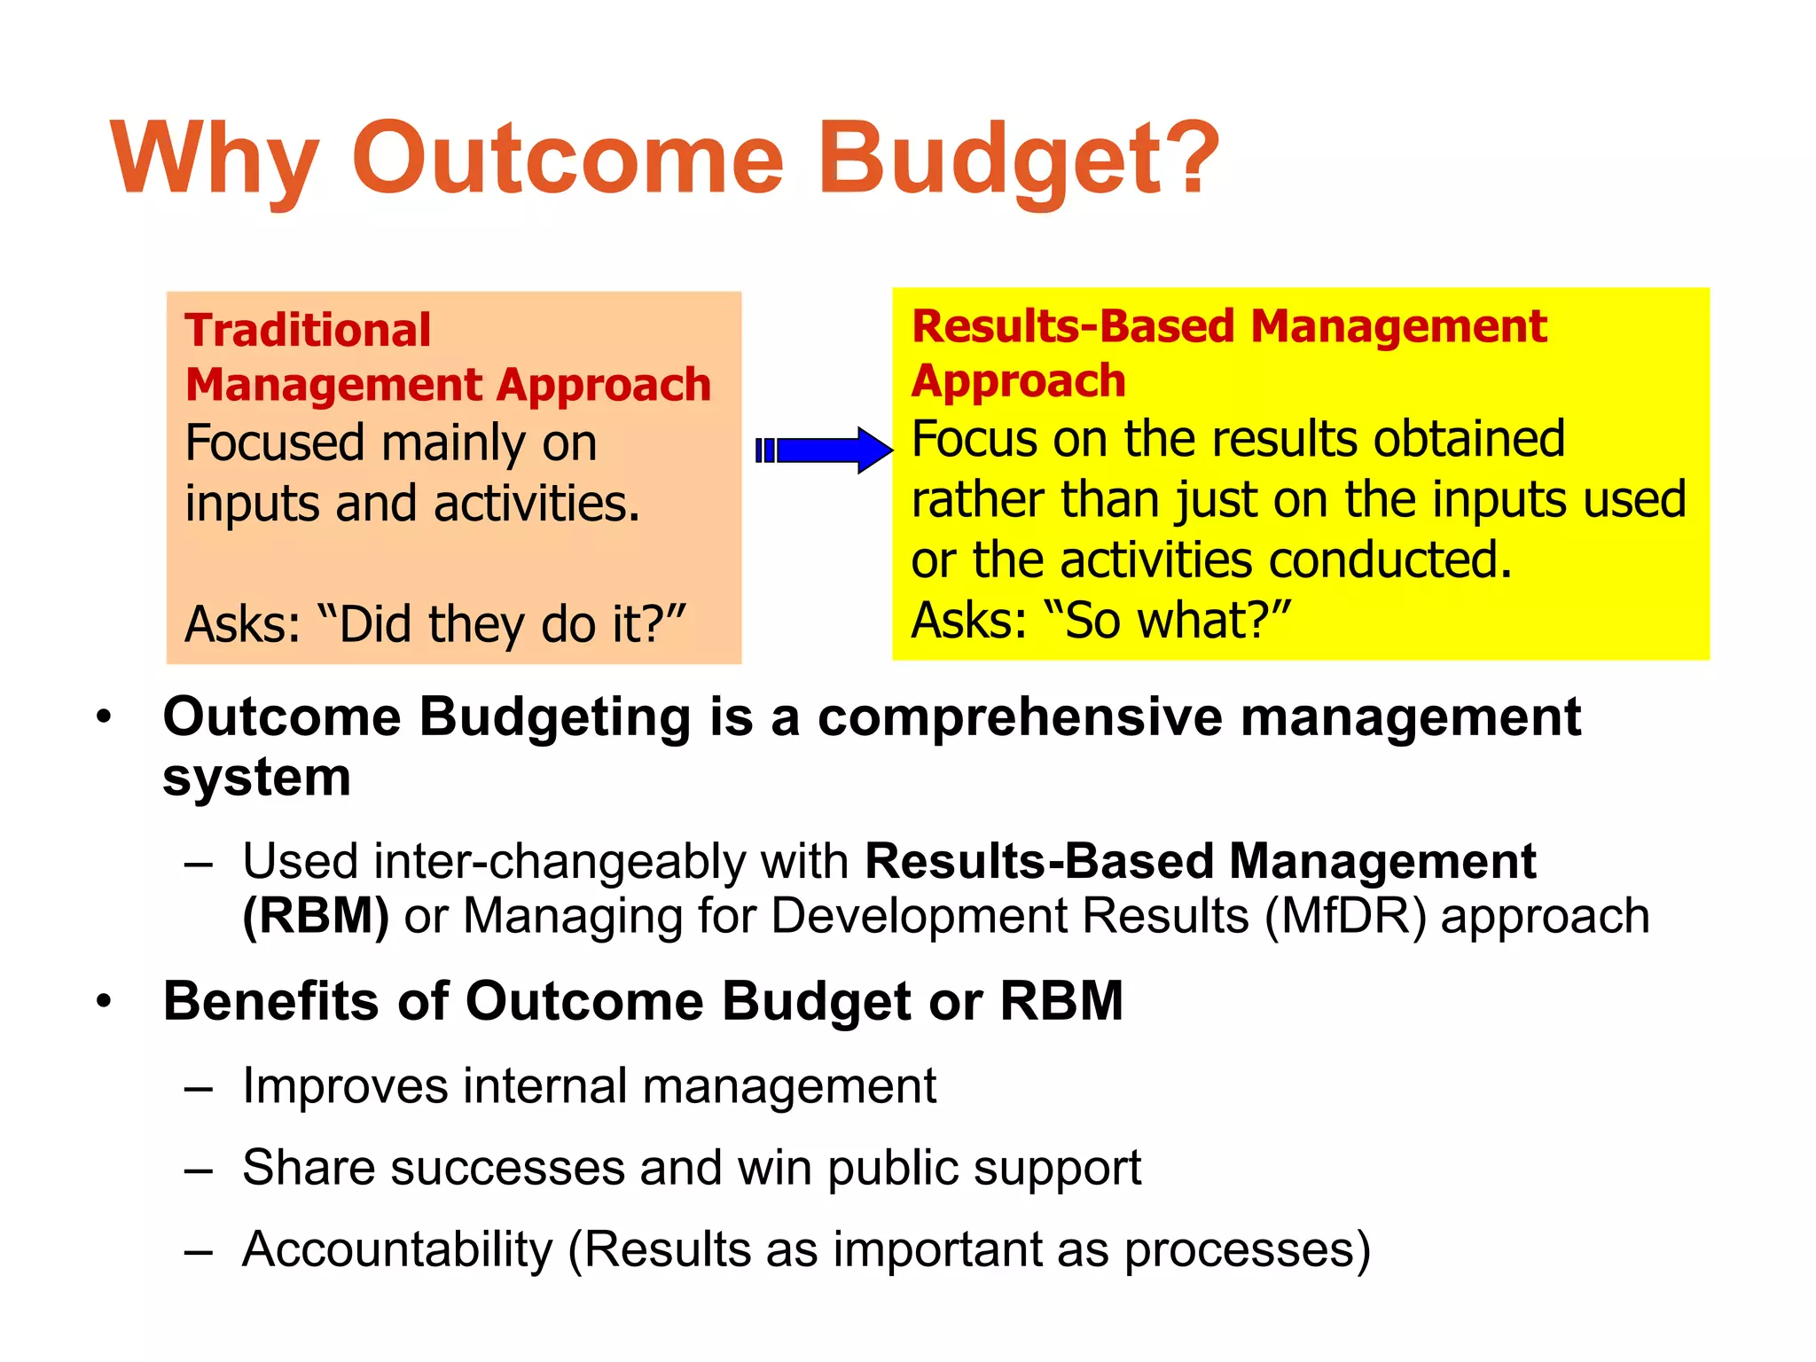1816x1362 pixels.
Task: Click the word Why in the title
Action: click(x=213, y=160)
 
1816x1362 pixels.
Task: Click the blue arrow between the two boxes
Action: click(x=825, y=450)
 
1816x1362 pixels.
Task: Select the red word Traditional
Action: click(x=308, y=330)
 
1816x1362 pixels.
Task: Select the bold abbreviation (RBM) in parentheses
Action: click(x=316, y=916)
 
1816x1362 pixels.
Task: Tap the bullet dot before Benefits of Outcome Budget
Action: click(x=105, y=1001)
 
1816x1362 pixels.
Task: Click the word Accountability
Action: click(x=397, y=1249)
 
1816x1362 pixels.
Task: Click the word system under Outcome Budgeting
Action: click(x=257, y=778)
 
